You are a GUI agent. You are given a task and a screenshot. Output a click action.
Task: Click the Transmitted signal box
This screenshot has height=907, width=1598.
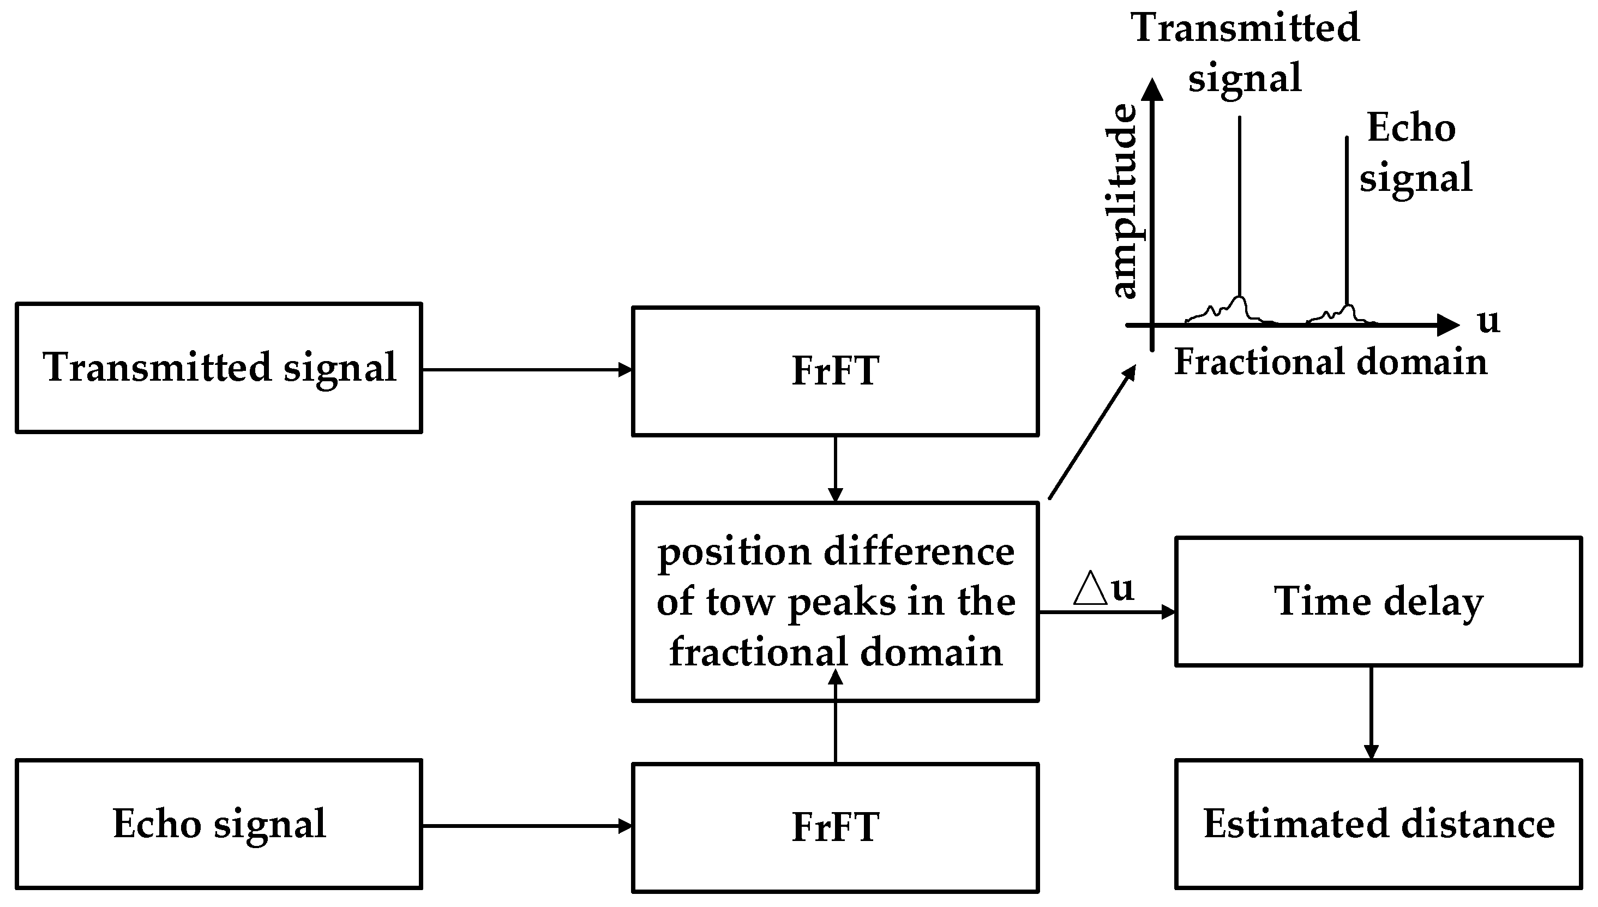[219, 368]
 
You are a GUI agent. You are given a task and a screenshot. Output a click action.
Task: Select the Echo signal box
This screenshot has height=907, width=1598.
[219, 824]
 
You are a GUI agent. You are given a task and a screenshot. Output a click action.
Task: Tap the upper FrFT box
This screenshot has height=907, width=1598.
[835, 371]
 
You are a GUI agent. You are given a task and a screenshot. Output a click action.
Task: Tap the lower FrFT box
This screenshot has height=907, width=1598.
[835, 827]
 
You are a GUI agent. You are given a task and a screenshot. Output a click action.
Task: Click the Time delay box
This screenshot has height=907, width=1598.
[1378, 602]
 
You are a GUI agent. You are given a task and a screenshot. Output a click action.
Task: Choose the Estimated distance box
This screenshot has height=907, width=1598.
[1378, 824]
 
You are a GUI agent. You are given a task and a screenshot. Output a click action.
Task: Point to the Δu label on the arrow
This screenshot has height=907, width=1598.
[1103, 588]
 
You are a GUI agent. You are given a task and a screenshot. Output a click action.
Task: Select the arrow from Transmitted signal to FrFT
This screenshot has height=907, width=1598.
[527, 370]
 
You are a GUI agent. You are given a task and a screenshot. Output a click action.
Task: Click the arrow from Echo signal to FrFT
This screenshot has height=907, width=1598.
[527, 826]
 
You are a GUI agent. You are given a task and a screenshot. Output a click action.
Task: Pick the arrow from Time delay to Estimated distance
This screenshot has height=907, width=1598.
[1371, 713]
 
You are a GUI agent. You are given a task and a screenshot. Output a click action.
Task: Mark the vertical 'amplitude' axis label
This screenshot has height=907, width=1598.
[1125, 201]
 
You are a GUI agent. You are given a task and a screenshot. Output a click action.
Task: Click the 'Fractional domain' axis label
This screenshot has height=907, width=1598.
[1330, 363]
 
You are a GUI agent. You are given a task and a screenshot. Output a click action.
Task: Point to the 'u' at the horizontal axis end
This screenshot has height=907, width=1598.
[1488, 321]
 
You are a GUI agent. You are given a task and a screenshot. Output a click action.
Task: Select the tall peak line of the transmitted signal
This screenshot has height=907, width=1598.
[1239, 206]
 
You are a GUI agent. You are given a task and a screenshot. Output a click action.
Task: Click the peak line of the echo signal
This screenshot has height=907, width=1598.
[1347, 218]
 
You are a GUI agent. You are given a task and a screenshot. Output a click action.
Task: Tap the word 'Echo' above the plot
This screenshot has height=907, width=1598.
[1411, 128]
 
